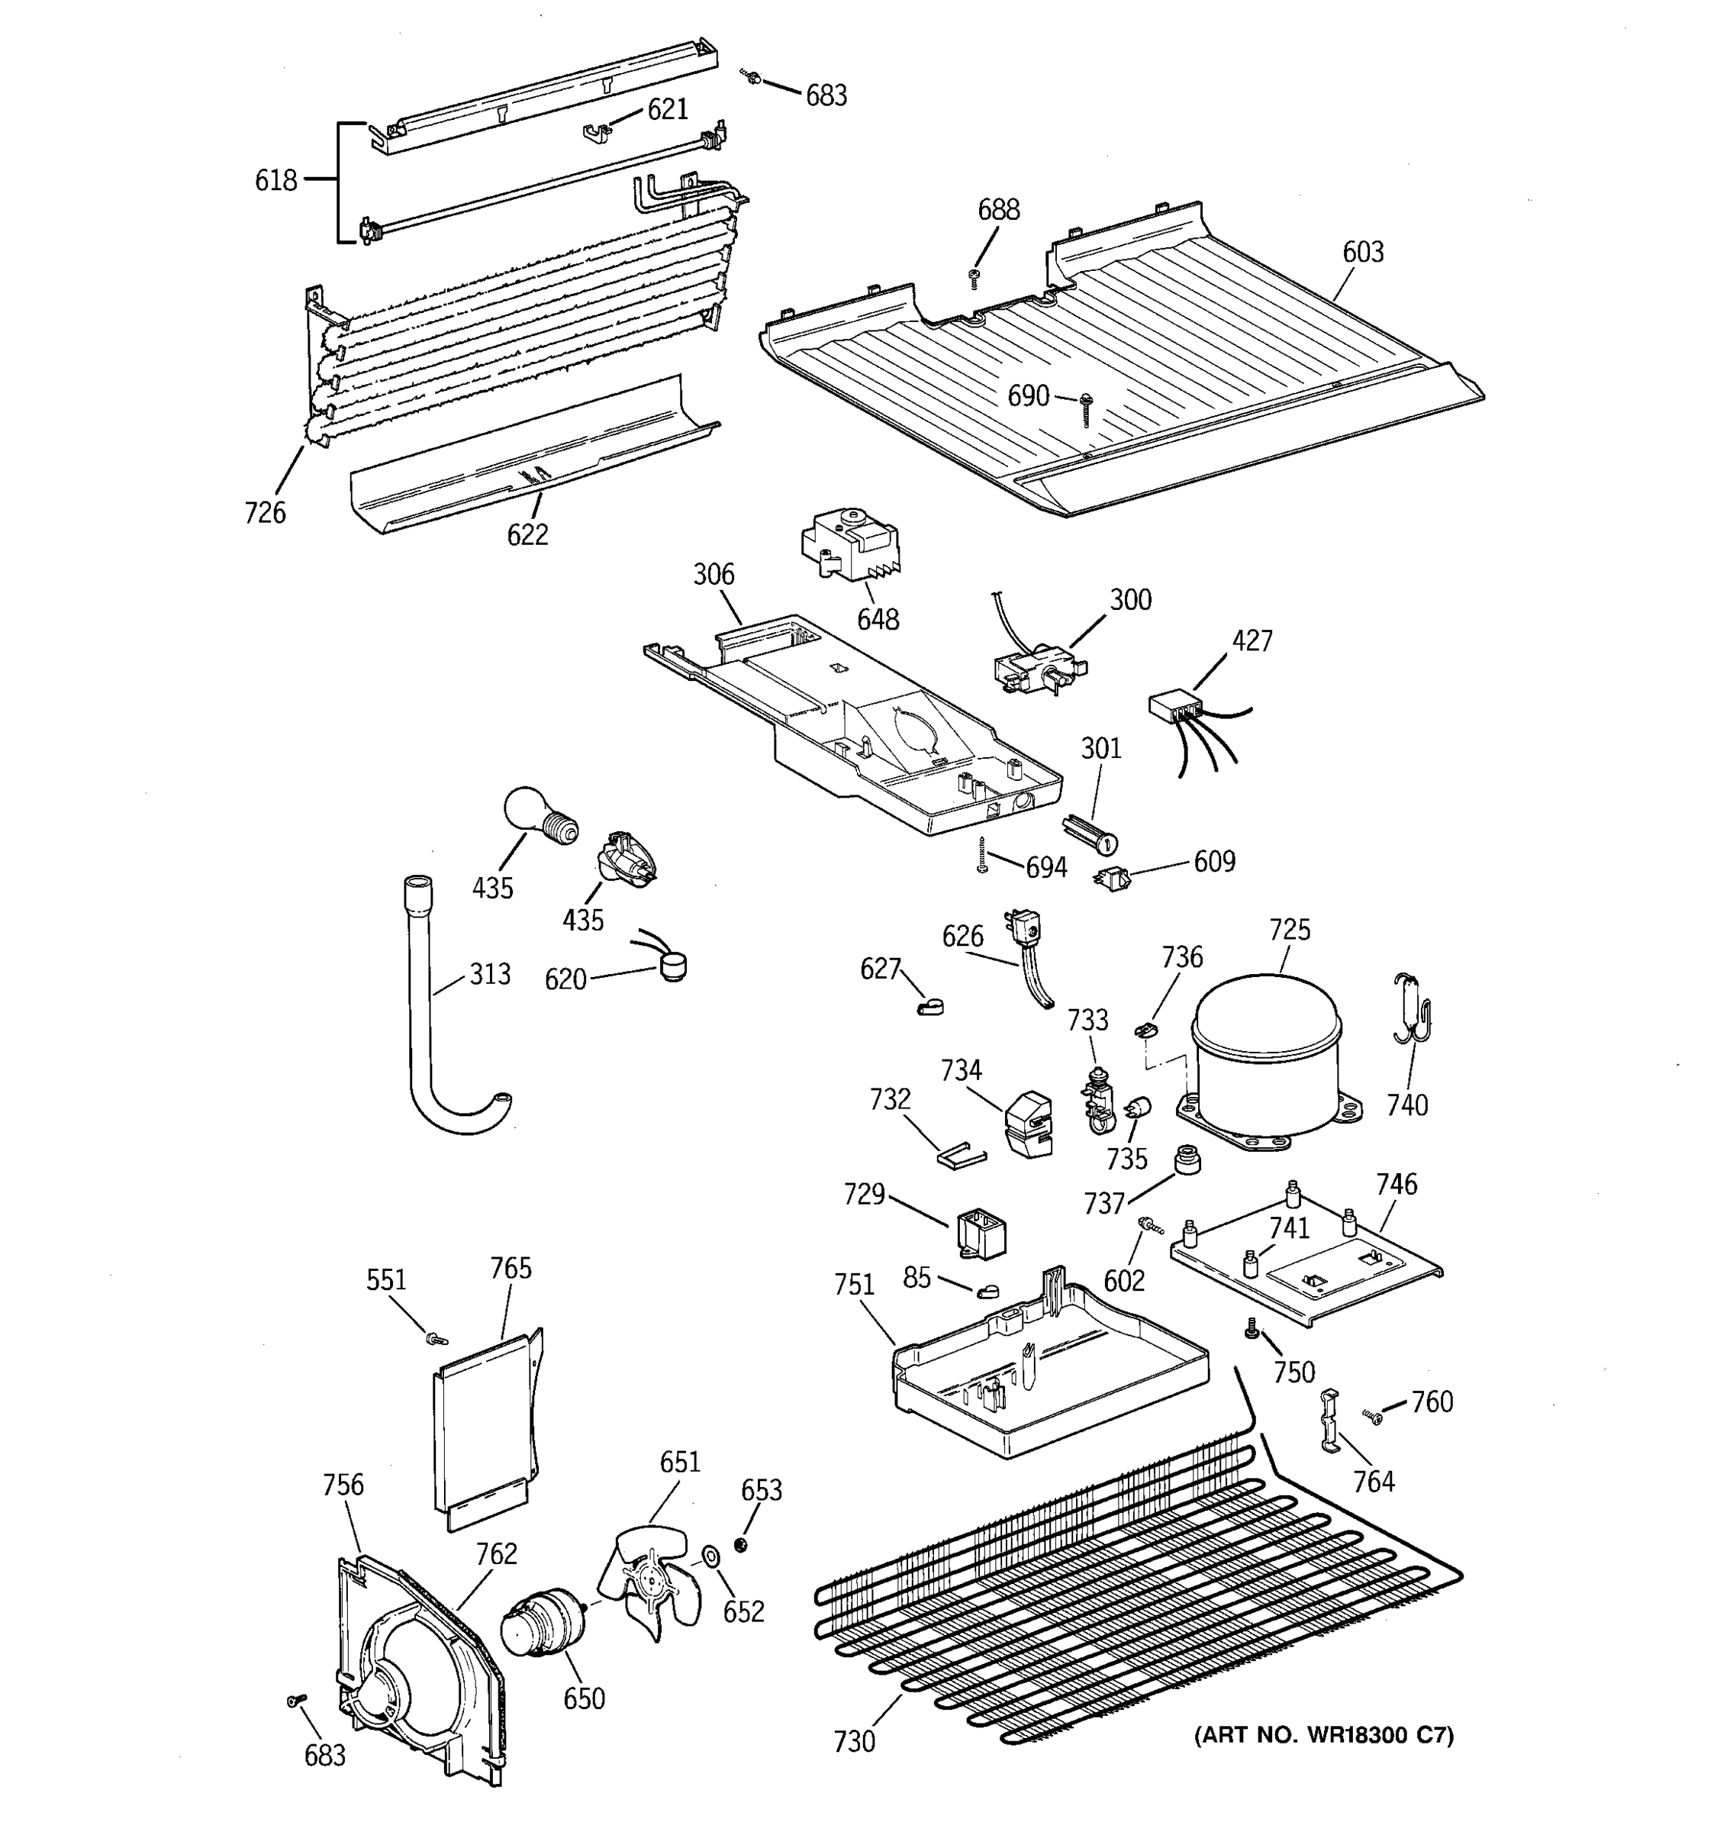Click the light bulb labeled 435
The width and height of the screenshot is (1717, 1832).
click(539, 815)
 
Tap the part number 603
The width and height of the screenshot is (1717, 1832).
click(1362, 253)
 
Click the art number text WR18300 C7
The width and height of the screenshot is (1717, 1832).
click(1324, 1735)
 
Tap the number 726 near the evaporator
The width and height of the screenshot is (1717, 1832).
click(266, 512)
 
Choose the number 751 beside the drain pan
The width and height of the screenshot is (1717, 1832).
click(853, 1285)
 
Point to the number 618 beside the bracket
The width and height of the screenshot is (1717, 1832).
click(275, 181)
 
